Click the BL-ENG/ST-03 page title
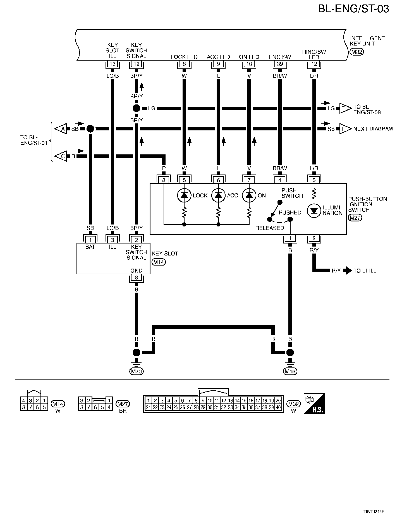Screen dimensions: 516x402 click(353, 9)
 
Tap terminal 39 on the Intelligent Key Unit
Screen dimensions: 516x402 click(280, 64)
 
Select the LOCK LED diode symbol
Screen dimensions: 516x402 click(184, 195)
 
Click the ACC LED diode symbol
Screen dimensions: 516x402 click(218, 195)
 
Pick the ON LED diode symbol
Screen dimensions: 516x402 click(249, 195)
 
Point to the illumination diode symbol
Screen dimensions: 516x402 click(314, 211)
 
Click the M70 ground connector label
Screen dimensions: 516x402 click(137, 371)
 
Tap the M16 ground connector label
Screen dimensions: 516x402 click(290, 371)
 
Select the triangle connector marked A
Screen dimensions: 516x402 click(61, 129)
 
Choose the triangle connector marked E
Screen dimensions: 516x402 click(345, 108)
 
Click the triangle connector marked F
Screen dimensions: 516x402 click(345, 129)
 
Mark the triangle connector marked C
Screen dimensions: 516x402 click(61, 156)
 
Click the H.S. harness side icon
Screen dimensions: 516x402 click(314, 403)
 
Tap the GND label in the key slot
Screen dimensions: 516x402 click(136, 271)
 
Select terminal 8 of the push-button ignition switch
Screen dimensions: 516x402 click(164, 180)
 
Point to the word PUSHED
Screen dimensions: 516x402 click(290, 212)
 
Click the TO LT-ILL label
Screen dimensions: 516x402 click(365, 271)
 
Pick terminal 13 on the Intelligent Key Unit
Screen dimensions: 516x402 click(113, 64)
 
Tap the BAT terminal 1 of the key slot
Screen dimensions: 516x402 click(90, 240)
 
